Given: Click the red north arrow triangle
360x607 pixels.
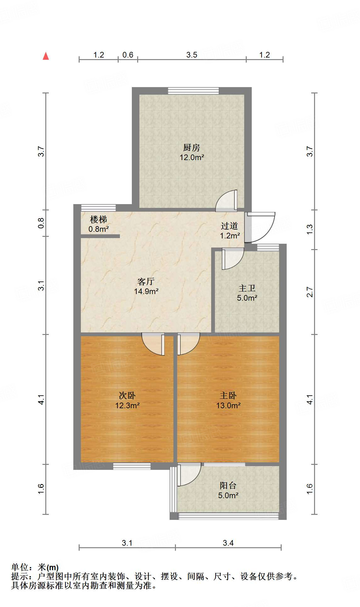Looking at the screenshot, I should pos(46,56).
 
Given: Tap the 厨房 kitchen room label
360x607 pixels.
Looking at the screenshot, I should pos(191,147).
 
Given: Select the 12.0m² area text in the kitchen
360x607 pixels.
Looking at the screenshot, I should pos(192,157).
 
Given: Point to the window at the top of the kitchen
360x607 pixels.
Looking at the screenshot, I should pos(193,91).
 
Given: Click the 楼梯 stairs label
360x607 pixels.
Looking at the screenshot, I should pos(98,219).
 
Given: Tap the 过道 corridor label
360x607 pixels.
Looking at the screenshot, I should pos(229,226).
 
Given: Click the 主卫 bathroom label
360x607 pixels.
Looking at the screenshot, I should pos(247,288).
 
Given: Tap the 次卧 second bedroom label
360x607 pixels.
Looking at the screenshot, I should pos(127,395).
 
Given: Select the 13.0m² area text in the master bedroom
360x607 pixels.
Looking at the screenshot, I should pos(228,405).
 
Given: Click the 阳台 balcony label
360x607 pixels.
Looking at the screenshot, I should pos(228,485).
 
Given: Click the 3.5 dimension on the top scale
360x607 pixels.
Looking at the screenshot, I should pos(191,55).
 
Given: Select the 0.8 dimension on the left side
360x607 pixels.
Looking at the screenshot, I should pos(41,223).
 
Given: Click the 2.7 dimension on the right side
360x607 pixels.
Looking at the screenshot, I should pos(310,292).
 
